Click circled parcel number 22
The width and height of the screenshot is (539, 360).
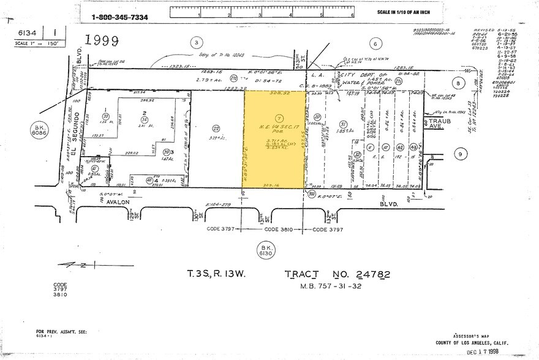[216, 129]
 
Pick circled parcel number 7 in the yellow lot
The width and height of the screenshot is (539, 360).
[279, 118]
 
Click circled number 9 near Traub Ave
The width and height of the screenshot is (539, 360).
[460, 154]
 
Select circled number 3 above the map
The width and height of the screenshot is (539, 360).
[196, 42]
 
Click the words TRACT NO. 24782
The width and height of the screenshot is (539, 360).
[336, 275]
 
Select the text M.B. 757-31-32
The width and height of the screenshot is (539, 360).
[336, 286]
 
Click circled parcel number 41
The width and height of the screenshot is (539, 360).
[94, 169]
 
